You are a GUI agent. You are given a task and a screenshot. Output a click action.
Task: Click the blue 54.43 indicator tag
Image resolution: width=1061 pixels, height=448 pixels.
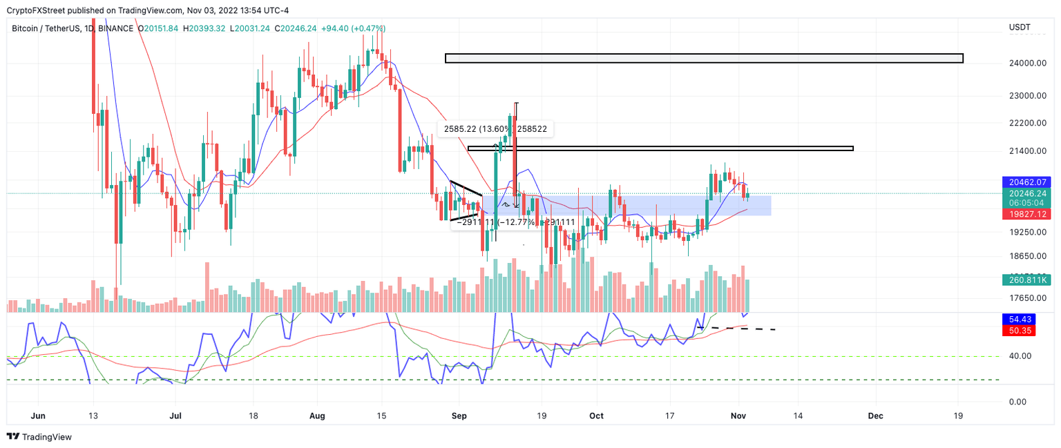click(1015, 320)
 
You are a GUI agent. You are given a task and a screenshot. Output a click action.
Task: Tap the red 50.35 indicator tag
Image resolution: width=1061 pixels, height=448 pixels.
click(1015, 331)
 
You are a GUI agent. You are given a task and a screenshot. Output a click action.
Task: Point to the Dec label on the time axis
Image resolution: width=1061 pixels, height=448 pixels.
click(874, 416)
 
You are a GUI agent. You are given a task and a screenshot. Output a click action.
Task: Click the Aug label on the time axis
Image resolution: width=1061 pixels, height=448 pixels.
click(317, 416)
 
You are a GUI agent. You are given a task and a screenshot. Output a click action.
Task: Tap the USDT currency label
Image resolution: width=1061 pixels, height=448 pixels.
click(1020, 28)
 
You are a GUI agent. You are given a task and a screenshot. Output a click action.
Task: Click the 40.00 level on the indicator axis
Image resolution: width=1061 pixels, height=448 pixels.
click(1022, 356)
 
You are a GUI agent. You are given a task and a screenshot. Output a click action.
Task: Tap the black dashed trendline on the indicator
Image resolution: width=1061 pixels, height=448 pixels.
click(739, 328)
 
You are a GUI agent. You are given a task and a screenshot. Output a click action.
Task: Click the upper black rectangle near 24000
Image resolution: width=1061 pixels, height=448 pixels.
click(703, 58)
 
